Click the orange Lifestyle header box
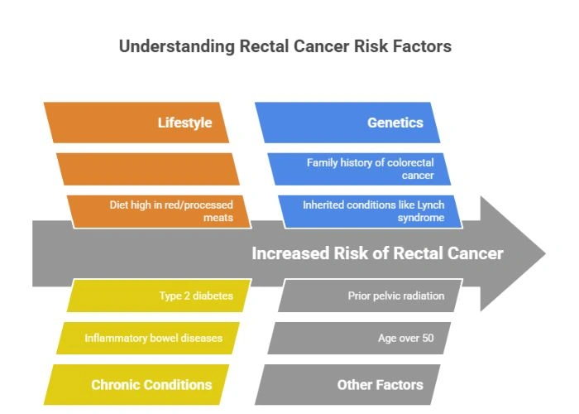136,123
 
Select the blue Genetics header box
347,123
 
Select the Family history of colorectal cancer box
359,169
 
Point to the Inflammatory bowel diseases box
149,338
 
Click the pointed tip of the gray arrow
541,253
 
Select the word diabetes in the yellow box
212,296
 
